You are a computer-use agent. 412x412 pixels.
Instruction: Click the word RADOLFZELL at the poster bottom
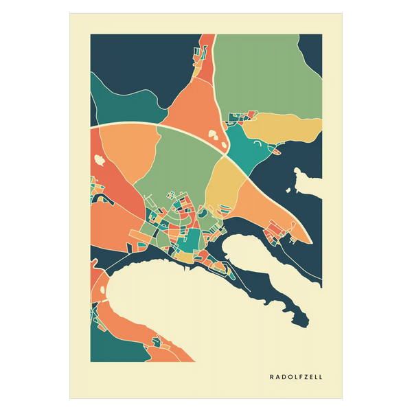[x=296, y=376]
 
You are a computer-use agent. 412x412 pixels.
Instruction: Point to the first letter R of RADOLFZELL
[x=272, y=376]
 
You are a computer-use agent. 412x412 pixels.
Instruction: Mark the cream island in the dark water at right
[x=308, y=182]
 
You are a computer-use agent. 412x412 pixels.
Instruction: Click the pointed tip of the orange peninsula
[x=310, y=241]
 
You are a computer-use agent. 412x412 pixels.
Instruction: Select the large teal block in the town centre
[x=192, y=240]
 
